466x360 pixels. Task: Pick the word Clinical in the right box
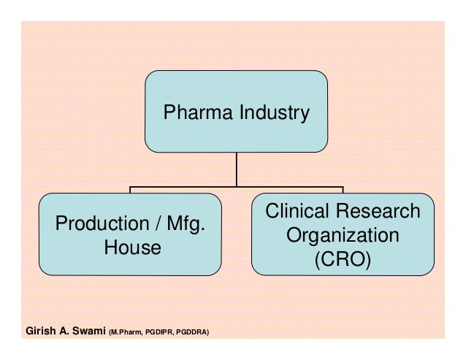click(x=299, y=212)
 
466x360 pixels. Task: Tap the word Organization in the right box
click(x=343, y=236)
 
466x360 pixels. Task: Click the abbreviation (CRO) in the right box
click(x=343, y=260)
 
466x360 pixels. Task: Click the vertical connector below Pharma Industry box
click(x=236, y=169)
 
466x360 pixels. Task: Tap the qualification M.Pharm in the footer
click(x=125, y=332)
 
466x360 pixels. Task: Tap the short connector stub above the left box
click(x=130, y=191)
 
